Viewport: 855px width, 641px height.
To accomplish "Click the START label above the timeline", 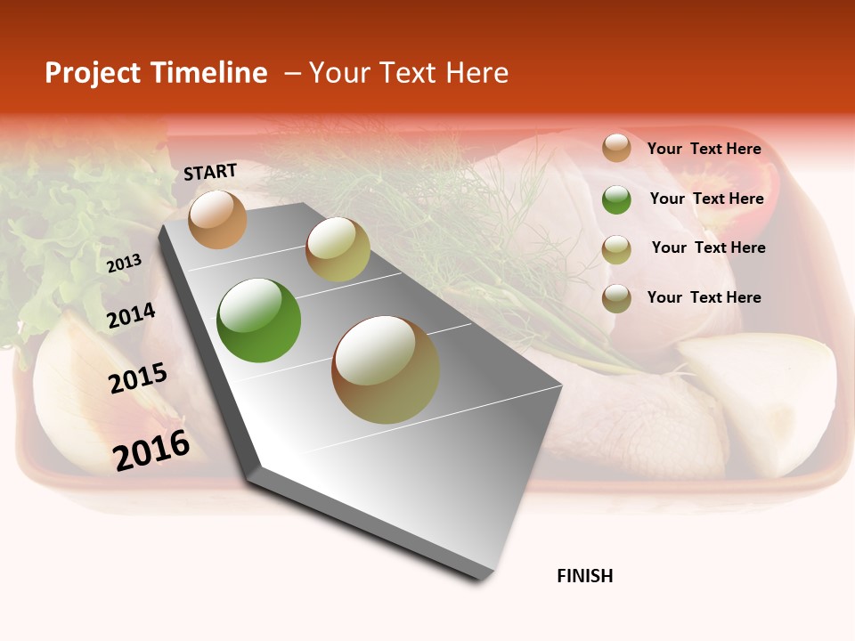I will point(210,172).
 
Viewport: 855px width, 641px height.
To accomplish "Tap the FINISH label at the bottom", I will point(585,576).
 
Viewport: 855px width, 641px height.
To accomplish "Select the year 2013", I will point(124,264).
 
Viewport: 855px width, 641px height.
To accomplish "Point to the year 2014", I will point(131,316).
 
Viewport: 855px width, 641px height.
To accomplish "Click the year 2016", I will point(151,450).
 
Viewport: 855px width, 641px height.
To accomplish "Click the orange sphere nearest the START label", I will point(217,219).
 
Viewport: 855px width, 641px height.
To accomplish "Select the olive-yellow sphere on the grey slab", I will point(338,248).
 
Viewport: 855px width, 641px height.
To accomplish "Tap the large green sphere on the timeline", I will point(258,320).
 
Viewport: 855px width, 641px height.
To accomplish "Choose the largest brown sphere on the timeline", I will point(386,369).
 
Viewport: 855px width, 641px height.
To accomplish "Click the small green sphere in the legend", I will point(616,199).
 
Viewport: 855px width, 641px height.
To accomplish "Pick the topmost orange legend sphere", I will point(616,148).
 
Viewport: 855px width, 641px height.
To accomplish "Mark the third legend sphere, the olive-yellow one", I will point(616,249).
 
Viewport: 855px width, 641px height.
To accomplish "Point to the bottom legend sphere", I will point(616,298).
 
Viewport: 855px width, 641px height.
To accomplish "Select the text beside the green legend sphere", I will point(707,199).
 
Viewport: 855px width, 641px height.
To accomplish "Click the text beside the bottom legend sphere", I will point(704,297).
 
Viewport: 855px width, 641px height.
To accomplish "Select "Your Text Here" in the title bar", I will point(409,73).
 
